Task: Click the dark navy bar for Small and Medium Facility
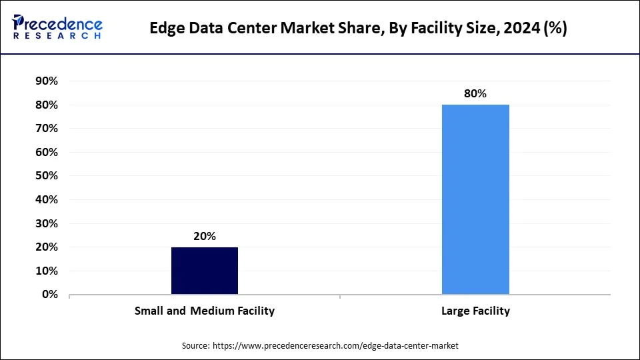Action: pos(205,271)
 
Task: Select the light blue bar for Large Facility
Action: pos(475,199)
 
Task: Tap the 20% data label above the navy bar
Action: pos(205,236)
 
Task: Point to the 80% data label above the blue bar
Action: pos(475,94)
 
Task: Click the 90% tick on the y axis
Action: pos(46,81)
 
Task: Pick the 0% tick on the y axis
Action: pos(49,295)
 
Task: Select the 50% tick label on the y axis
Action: pos(46,176)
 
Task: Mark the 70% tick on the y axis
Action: pos(46,129)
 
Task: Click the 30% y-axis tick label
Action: pos(46,223)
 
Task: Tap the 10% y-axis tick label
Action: pos(46,271)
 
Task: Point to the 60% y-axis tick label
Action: pos(46,153)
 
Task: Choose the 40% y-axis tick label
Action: pos(46,200)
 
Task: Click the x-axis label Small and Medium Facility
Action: pos(205,311)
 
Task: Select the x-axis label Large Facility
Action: pos(475,311)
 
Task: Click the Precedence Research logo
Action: pos(57,27)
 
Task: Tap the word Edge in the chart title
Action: pos(167,29)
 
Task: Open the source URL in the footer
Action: pos(335,346)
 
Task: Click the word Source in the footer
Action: pos(195,346)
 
